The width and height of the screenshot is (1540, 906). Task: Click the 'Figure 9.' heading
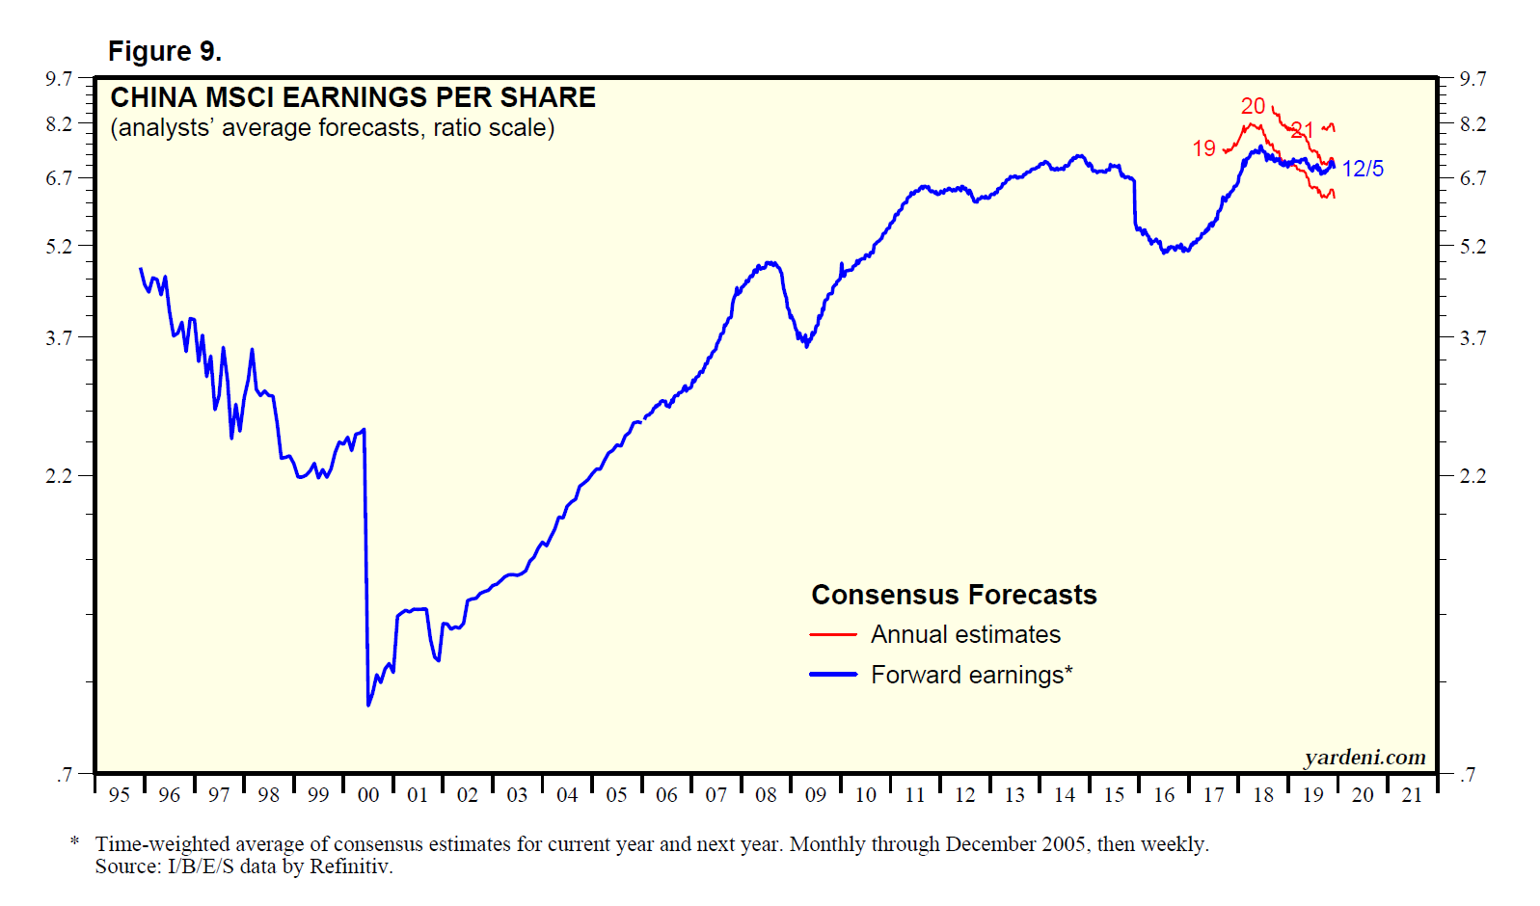click(164, 51)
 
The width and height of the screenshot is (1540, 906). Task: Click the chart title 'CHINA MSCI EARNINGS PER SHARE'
click(353, 97)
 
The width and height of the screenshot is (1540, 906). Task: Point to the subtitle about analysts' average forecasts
click(332, 128)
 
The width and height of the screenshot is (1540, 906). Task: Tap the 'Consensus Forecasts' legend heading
click(954, 595)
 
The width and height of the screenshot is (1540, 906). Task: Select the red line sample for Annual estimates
click(833, 635)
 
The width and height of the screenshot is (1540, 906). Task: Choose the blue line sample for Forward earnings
click(833, 675)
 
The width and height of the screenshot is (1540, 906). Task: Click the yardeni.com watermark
click(1364, 758)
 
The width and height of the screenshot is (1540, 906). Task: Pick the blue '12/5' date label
click(1363, 169)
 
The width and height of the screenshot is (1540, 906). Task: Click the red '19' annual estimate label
click(1204, 148)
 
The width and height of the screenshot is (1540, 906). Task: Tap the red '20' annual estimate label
click(1253, 106)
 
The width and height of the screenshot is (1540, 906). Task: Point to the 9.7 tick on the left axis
click(59, 78)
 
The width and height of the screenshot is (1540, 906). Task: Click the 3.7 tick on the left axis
click(59, 337)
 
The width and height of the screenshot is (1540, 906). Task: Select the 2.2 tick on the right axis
click(1472, 476)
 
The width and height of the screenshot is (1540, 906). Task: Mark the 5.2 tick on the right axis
click(1472, 247)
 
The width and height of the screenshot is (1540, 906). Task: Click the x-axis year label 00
click(367, 795)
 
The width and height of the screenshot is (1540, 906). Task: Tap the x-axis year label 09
click(815, 795)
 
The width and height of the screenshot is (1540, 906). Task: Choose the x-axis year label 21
click(1412, 795)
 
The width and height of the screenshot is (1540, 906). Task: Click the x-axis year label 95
click(120, 795)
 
